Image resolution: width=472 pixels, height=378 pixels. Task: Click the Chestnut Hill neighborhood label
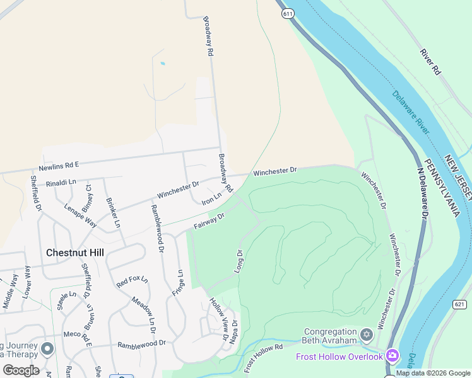75,253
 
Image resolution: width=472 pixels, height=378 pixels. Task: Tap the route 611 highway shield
288,13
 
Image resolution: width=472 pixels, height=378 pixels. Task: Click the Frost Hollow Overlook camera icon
392,357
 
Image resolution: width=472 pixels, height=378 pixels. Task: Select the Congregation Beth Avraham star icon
367,333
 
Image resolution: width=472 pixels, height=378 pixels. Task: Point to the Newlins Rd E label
59,166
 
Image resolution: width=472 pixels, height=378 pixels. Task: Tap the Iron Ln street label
211,199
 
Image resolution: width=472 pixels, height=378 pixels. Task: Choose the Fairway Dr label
209,221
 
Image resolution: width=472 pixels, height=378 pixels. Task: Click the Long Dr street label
239,261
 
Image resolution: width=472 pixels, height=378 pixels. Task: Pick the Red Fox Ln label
132,282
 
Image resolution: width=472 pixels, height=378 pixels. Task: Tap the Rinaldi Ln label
61,182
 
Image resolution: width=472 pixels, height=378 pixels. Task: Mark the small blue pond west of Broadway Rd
163,64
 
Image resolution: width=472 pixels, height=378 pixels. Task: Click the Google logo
20,370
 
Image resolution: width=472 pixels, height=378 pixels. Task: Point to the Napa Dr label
235,331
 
